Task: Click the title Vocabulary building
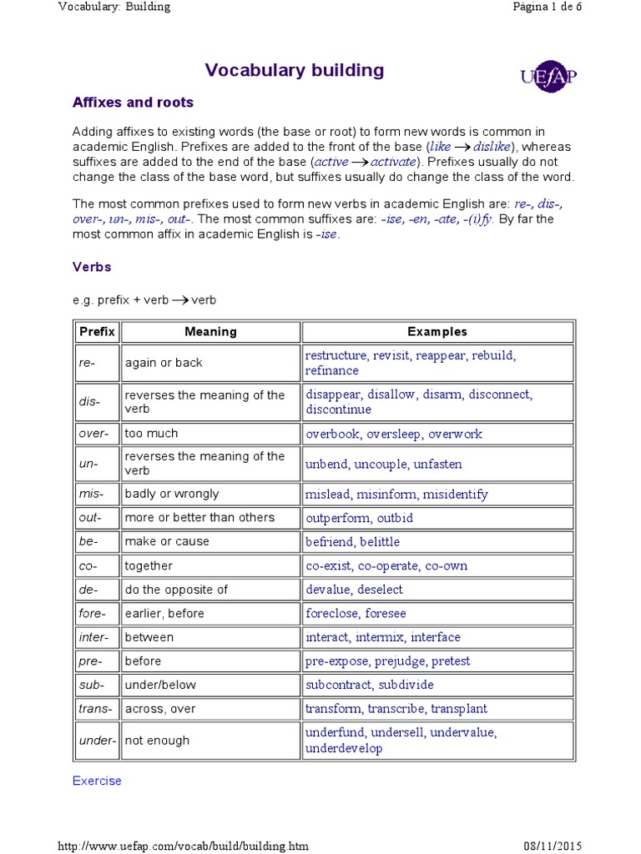click(295, 70)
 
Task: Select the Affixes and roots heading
click(133, 103)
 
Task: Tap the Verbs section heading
click(92, 267)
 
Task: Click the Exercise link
click(97, 781)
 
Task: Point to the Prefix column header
click(97, 332)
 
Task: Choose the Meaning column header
click(210, 332)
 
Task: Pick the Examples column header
click(437, 332)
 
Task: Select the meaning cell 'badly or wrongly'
click(172, 494)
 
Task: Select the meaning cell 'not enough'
click(157, 741)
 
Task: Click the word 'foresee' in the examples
click(386, 614)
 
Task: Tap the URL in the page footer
click(183, 846)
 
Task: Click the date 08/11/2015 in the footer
click(593, 846)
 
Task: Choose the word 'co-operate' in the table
click(388, 566)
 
